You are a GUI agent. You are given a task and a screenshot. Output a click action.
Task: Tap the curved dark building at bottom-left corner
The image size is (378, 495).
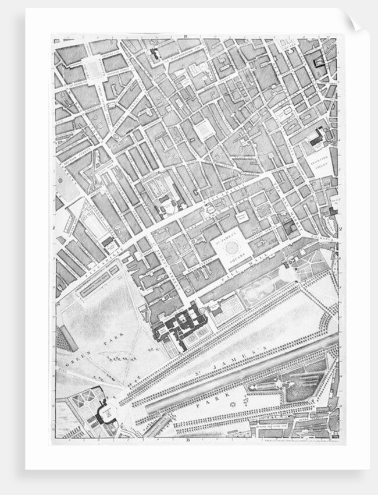point(105,414)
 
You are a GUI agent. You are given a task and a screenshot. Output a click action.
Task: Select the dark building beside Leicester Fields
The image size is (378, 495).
point(316,138)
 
